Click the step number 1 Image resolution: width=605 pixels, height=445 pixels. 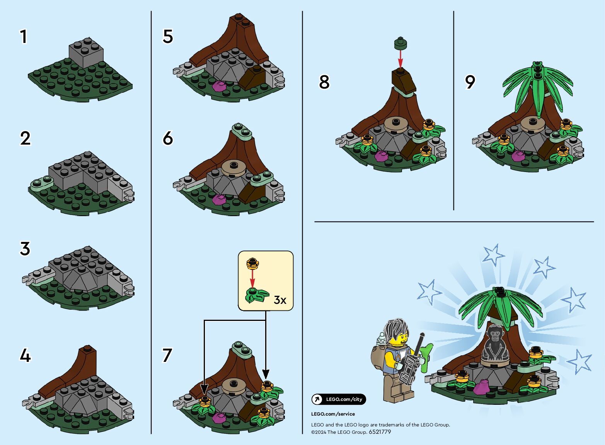pos(24,36)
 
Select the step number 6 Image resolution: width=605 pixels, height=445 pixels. pos(168,138)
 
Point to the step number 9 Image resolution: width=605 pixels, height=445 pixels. pos(470,82)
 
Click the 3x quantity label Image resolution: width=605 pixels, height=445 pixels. pos(280,300)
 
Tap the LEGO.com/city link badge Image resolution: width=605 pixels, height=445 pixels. pos(339,399)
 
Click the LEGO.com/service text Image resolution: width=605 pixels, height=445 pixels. pos(333,414)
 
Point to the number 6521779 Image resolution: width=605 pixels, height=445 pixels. pos(380,432)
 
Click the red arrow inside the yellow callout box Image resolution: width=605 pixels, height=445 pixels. pos(252,279)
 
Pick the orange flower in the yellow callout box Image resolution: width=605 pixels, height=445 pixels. pos(252,264)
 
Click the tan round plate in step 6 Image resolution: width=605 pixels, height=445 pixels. pos(233,168)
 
